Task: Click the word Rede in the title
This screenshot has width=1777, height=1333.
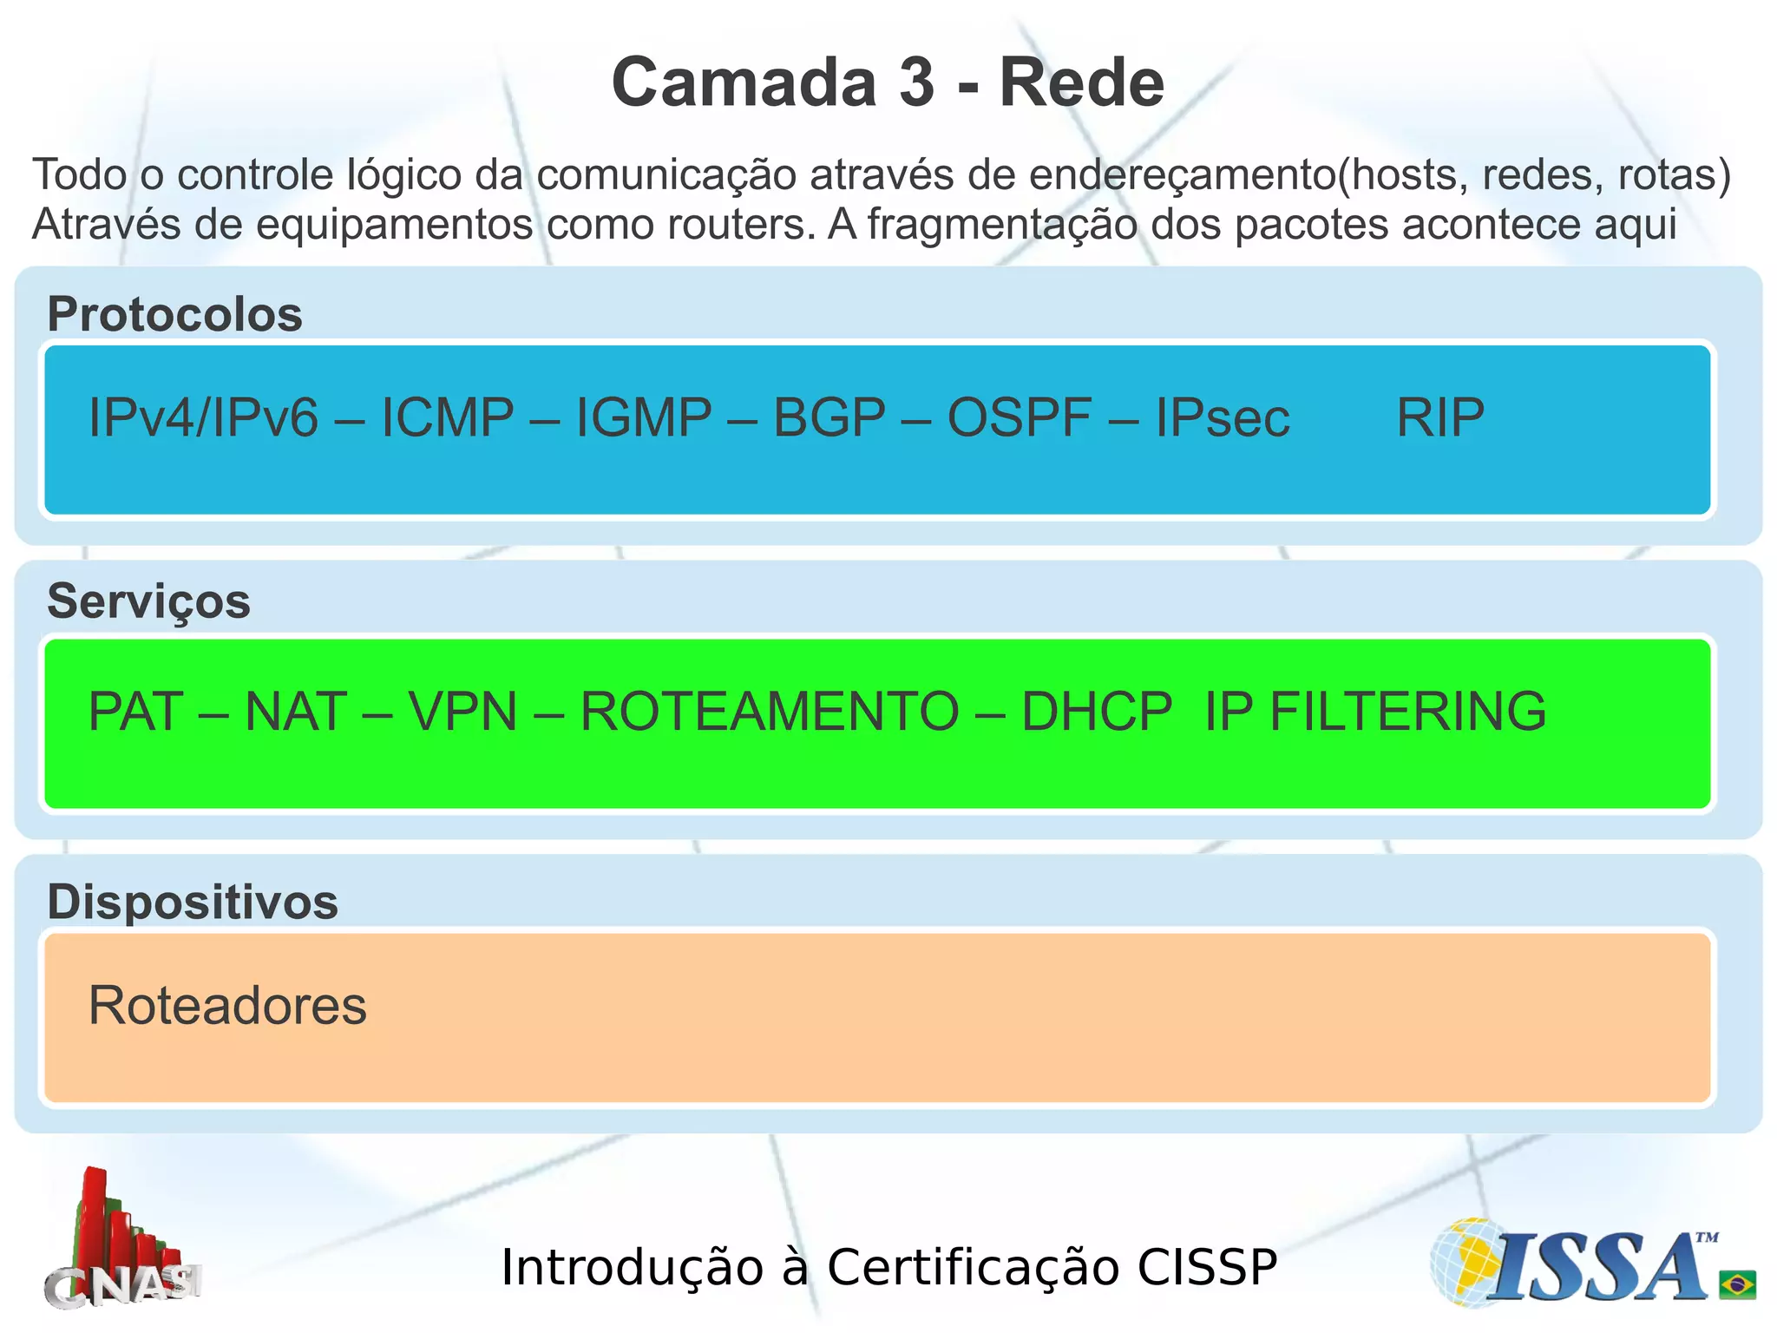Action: click(x=1081, y=82)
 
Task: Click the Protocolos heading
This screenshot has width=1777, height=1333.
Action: click(x=174, y=314)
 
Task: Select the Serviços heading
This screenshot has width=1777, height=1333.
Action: click(x=148, y=601)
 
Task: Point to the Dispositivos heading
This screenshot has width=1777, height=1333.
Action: click(x=193, y=902)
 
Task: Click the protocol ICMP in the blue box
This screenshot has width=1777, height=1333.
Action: click(x=448, y=417)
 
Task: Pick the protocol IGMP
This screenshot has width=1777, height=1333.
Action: click(x=644, y=417)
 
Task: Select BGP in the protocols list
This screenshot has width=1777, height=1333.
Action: click(x=829, y=417)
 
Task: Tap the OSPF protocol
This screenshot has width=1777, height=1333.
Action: click(x=1020, y=417)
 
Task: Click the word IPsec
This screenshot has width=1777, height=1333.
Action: click(x=1223, y=417)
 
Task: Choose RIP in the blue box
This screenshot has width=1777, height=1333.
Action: click(x=1440, y=417)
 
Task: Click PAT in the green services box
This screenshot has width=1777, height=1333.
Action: click(x=136, y=712)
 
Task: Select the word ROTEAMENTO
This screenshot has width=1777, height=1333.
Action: click(x=770, y=712)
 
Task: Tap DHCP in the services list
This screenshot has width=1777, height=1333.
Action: click(x=1097, y=712)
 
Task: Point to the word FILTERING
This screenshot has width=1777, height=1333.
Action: click(x=1407, y=712)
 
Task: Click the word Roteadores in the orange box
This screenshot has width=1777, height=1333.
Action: click(x=227, y=1006)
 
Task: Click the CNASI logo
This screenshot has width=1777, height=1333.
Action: click(x=121, y=1241)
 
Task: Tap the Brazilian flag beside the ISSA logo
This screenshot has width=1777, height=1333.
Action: click(x=1737, y=1284)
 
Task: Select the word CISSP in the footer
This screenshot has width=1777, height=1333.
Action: click(x=1207, y=1267)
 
